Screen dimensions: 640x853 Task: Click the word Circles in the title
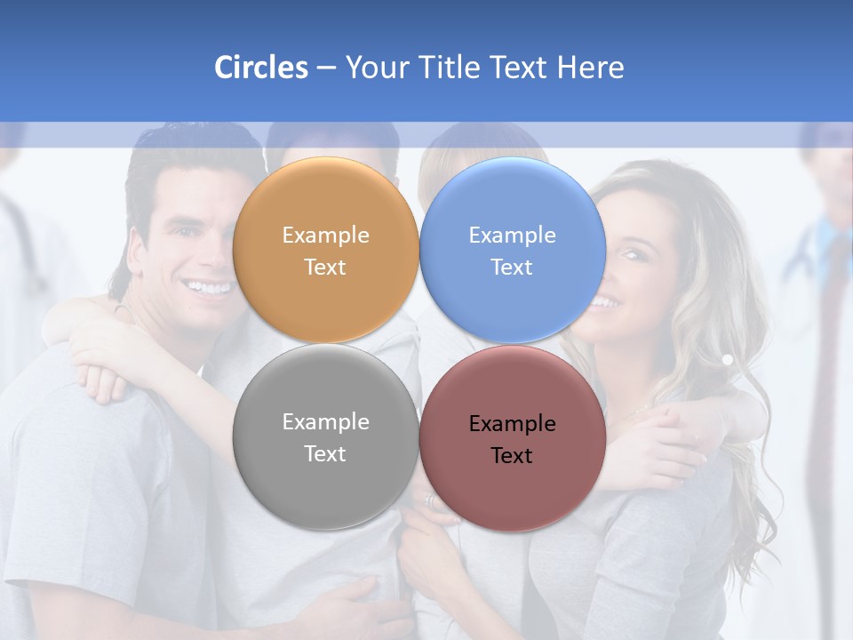coord(261,68)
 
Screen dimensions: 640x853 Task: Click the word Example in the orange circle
coord(325,236)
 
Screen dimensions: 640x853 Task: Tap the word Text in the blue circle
coord(512,268)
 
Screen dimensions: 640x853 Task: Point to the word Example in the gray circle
coord(325,422)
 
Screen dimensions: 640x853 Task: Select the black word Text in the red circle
coord(512,456)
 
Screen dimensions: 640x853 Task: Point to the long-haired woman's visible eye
coord(632,255)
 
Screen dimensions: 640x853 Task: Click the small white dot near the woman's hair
coord(727,360)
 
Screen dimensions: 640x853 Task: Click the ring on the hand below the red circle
coord(431,501)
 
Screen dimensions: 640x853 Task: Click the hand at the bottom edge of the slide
coord(355,609)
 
